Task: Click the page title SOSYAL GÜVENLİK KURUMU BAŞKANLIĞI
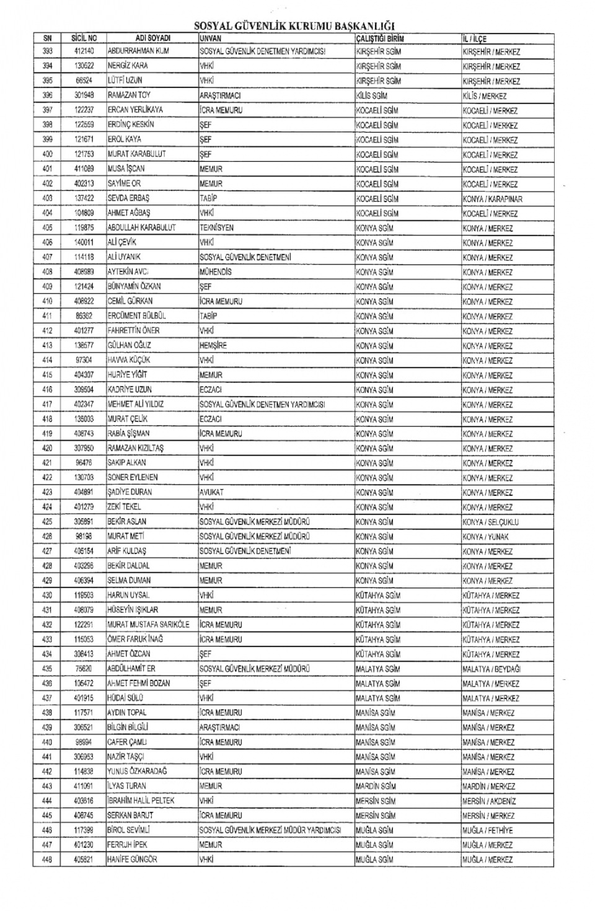tap(294, 26)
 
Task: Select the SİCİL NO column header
tap(84, 38)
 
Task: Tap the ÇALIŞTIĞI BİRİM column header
tap(380, 38)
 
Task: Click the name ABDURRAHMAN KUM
tap(138, 51)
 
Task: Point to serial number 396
tap(48, 95)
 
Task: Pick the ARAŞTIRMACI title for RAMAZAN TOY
tap(220, 96)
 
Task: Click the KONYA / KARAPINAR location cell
tap(492, 199)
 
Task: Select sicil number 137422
tap(84, 198)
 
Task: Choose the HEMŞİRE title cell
tap(213, 346)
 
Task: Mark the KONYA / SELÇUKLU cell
tap(490, 522)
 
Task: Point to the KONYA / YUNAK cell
tap(485, 537)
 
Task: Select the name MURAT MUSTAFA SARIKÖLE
tap(149, 625)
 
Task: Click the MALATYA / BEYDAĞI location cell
tap(491, 669)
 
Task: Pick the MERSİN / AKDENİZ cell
tap(489, 801)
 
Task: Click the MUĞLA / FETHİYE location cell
tap(488, 830)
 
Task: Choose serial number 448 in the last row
tap(48, 860)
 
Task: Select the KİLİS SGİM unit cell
tap(372, 96)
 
